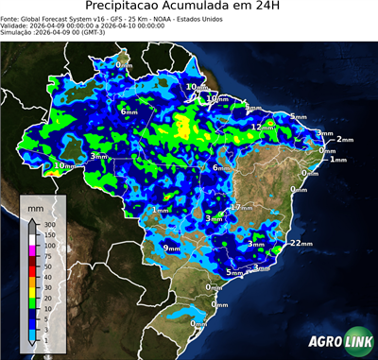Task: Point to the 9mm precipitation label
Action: (171, 248)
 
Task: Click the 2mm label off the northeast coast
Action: (344, 140)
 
